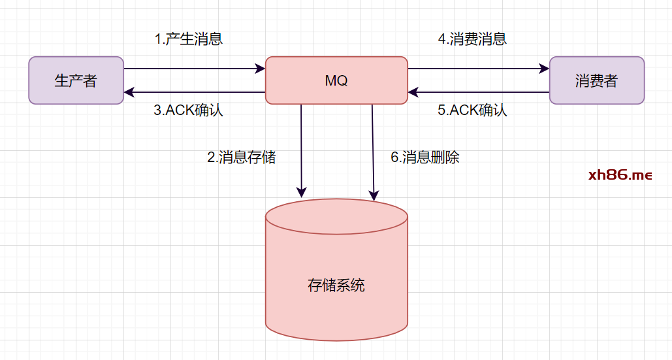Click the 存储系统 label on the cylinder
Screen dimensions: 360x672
(336, 286)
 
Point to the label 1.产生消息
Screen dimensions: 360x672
(189, 39)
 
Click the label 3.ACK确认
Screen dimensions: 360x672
(189, 110)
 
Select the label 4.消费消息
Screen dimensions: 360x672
(472, 39)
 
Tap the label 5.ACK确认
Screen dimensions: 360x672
(472, 110)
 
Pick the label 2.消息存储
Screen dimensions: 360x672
(242, 157)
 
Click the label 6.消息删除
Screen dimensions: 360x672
(425, 157)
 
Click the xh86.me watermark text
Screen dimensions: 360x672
(620, 175)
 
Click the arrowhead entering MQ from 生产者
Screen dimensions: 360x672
(261, 68)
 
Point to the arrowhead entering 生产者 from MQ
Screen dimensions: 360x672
(129, 92)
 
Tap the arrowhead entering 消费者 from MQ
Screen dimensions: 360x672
(545, 68)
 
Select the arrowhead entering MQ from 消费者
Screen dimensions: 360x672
(413, 92)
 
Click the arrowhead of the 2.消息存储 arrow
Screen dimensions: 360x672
(301, 193)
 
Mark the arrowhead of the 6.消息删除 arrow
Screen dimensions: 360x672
(374, 195)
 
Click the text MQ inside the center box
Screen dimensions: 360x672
(336, 81)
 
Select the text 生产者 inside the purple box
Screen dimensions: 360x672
(76, 81)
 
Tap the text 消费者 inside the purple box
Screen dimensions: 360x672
(597, 81)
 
